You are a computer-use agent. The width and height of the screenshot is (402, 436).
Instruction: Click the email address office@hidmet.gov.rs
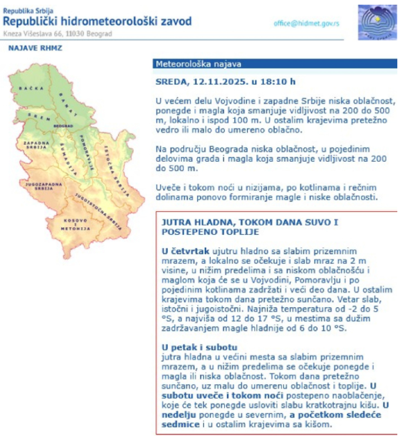(x=306, y=24)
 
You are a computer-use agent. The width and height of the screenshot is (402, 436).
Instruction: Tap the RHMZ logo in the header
(x=377, y=22)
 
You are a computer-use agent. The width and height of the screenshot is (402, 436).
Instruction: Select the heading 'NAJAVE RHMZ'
(x=35, y=48)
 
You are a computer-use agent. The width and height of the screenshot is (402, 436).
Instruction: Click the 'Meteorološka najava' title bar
(x=199, y=64)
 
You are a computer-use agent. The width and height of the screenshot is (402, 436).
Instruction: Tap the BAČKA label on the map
(x=31, y=89)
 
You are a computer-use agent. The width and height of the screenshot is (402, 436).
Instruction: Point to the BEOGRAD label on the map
(x=63, y=126)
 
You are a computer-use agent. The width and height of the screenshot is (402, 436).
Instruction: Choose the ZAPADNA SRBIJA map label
(x=36, y=145)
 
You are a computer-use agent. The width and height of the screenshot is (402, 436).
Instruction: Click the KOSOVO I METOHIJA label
(x=75, y=224)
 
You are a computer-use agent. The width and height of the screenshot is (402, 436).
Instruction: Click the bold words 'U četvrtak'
(x=185, y=251)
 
